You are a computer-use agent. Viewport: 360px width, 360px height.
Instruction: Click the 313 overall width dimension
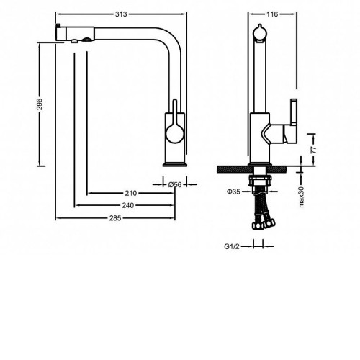(121, 14)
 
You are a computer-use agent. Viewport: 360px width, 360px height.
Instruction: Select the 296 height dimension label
(40, 104)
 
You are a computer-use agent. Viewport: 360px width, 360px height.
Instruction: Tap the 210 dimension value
(131, 193)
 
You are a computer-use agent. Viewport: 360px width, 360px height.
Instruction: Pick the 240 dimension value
(128, 205)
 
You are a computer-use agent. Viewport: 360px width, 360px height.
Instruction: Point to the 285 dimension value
(115, 218)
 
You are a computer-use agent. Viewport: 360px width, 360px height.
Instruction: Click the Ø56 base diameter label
(175, 184)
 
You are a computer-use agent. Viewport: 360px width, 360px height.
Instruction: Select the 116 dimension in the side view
(272, 14)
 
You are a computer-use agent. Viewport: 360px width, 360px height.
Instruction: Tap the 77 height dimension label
(313, 150)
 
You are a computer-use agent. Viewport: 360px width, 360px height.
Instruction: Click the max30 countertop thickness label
(301, 197)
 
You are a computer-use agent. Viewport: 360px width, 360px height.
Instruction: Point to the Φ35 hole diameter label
(233, 192)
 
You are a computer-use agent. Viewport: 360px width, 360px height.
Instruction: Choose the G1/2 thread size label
(232, 246)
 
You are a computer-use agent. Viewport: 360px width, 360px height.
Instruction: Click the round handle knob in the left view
(175, 134)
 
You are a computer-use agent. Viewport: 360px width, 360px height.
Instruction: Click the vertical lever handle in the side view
(294, 112)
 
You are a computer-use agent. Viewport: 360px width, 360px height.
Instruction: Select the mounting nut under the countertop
(261, 181)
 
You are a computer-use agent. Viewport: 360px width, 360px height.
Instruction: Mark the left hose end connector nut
(257, 225)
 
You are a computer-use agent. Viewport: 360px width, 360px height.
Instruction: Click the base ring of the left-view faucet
(175, 165)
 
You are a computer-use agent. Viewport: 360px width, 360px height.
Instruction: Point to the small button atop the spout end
(58, 25)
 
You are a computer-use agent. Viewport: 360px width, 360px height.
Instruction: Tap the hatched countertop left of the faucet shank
(235, 169)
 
